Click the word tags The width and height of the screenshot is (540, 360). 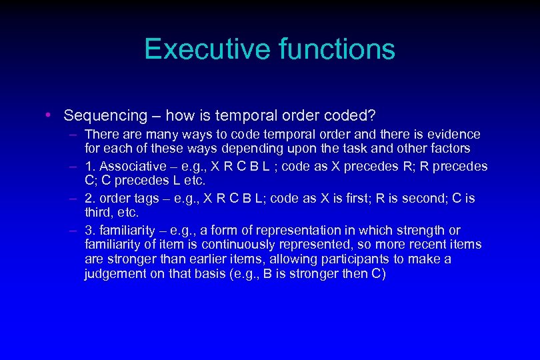pos(142,198)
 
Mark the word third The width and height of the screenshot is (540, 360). pos(99,212)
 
